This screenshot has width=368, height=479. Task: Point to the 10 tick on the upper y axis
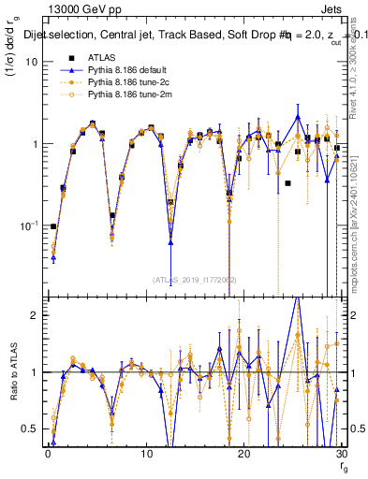click(x=32, y=62)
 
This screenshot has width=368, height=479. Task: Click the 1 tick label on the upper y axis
click(x=35, y=144)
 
